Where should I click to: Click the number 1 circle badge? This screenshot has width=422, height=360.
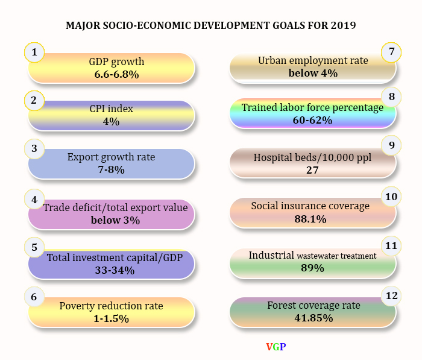coord(34,53)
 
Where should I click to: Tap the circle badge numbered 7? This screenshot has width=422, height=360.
coord(391,52)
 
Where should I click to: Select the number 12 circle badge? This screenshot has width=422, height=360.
coord(391,295)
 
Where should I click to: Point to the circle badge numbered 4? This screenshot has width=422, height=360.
coord(34,199)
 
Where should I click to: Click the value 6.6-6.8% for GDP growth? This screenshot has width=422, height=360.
coord(116,75)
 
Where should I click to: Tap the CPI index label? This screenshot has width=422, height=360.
coord(111,109)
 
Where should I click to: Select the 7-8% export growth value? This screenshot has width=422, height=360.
coord(111,170)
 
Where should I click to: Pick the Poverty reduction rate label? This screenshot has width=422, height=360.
coord(111,306)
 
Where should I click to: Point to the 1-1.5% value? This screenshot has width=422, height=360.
coord(112,318)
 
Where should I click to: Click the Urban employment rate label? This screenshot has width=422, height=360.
coord(312,60)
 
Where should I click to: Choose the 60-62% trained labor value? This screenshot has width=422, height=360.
coord(312,120)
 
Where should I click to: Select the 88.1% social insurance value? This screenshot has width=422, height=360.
coord(310,219)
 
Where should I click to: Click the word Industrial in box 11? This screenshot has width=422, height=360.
coord(271,255)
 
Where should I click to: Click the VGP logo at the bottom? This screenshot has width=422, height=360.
coord(276,347)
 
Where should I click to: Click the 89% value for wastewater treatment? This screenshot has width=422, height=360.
coord(312,268)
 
